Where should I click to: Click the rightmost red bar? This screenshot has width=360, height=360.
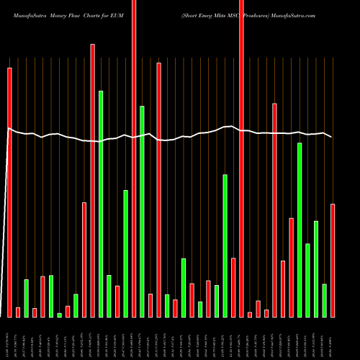[x=333, y=260]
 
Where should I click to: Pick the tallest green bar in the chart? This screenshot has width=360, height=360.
[x=101, y=204]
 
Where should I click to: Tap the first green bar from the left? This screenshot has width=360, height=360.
[x=26, y=298]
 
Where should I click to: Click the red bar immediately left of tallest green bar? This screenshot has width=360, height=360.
[x=92, y=180]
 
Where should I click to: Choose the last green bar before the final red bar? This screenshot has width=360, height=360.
[x=325, y=300]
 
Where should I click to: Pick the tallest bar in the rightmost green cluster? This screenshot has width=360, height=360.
[x=300, y=230]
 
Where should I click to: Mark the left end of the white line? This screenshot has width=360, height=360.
[x=7, y=128]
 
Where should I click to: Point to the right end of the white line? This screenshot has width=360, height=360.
[x=332, y=137]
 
